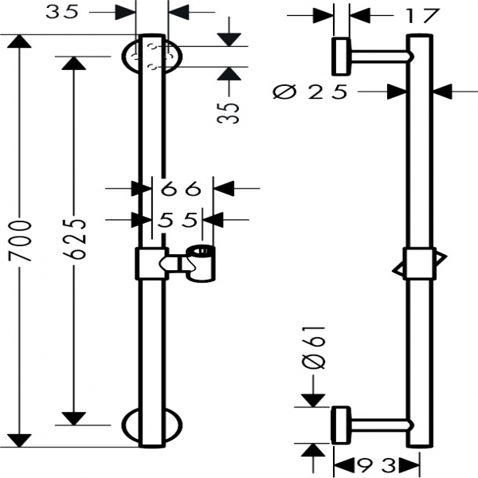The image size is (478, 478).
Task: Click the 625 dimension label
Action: coord(74,239)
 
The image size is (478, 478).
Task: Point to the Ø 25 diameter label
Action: coord(311,92)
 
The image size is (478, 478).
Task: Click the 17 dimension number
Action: coord(421,14)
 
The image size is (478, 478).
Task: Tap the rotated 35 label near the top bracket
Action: coord(230,111)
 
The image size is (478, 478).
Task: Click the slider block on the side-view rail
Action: coord(419,263)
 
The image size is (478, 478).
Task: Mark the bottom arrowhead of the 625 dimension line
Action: coord(74,418)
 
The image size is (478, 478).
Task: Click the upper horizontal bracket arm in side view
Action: coord(378,56)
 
